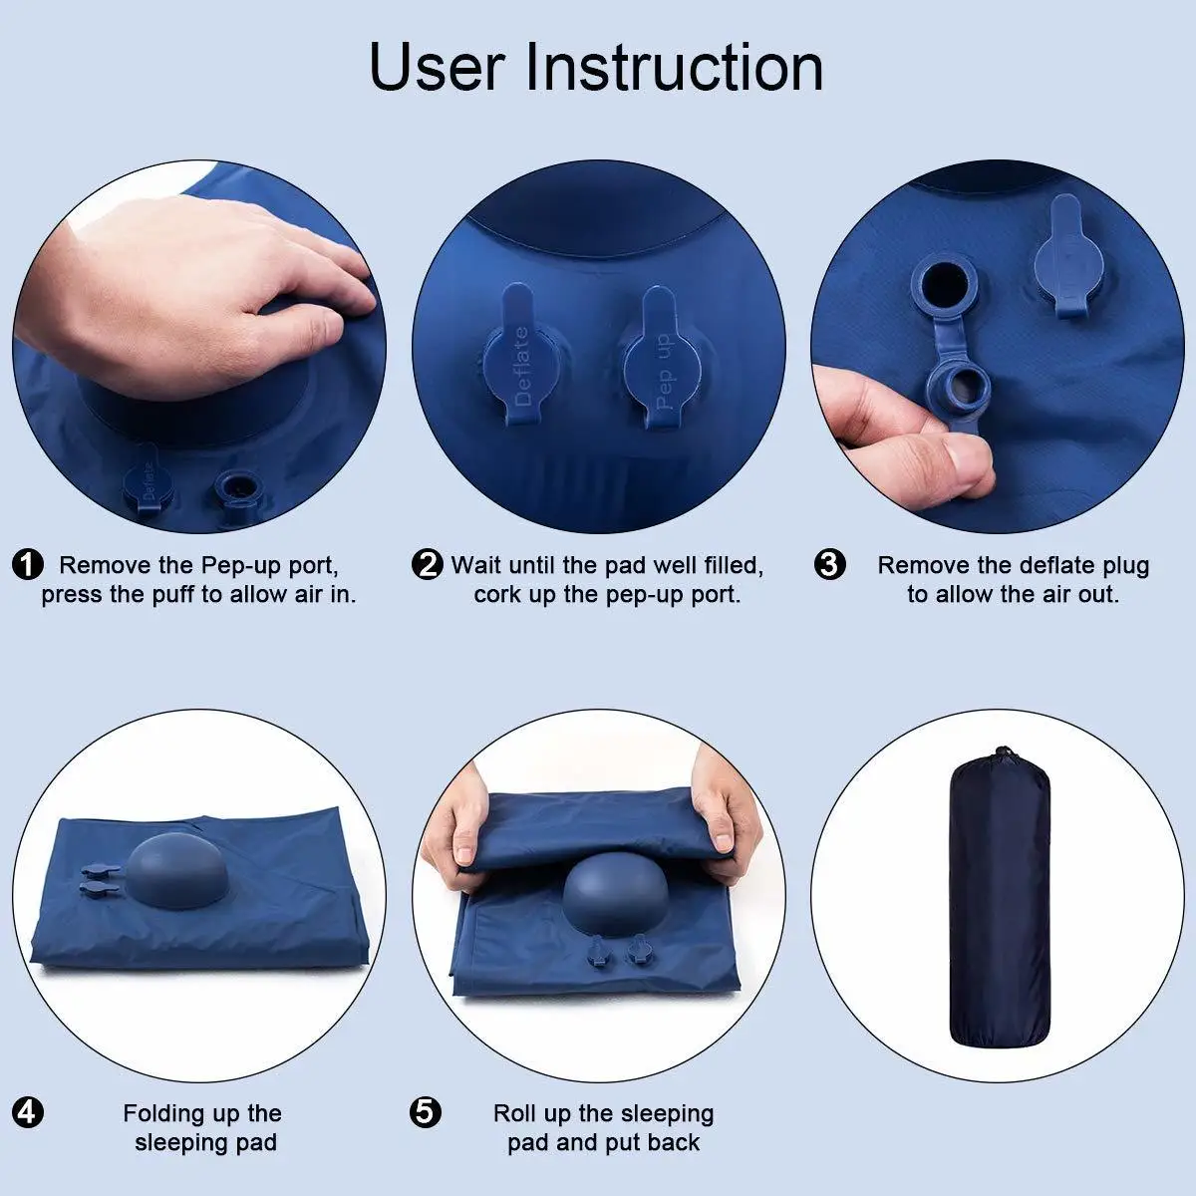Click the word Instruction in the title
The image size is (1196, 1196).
[675, 67]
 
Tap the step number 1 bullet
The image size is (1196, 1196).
[28, 565]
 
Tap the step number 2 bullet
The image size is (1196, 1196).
[428, 565]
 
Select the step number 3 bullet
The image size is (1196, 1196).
[829, 565]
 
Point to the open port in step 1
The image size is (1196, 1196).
[239, 487]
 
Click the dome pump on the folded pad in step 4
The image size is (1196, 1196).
[177, 871]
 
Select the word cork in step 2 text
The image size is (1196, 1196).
[497, 595]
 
